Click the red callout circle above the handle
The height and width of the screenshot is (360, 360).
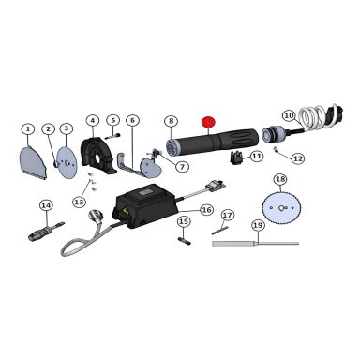click(x=208, y=121)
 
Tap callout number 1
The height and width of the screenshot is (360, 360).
click(x=28, y=128)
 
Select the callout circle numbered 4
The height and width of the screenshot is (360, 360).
click(x=93, y=120)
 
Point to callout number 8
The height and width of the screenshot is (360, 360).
click(x=171, y=121)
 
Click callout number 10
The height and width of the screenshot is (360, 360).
click(x=289, y=115)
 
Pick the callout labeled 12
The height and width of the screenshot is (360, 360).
click(x=297, y=158)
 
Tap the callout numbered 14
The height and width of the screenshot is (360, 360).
click(x=46, y=204)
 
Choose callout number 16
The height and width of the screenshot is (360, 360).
click(x=206, y=210)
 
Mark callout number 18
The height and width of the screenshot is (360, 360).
click(x=279, y=179)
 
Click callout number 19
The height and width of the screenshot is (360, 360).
click(x=258, y=225)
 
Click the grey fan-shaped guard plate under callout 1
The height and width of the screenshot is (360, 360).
click(x=34, y=161)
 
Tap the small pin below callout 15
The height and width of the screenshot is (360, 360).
click(x=185, y=238)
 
